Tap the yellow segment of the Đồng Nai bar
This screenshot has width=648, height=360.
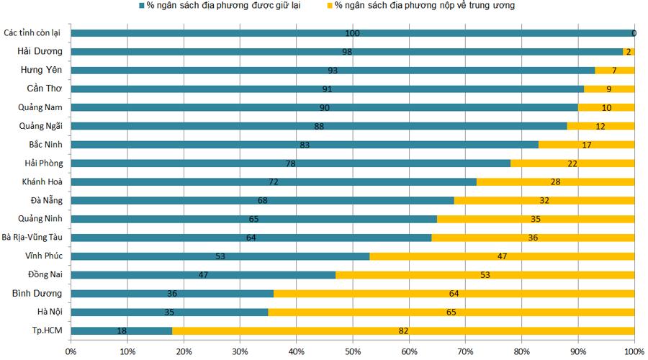point(485,274)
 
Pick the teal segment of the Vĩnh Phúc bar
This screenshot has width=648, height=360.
point(220,256)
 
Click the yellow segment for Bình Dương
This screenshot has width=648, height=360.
point(454,293)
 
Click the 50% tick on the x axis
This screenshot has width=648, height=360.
point(353,351)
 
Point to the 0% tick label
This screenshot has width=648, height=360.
point(71,351)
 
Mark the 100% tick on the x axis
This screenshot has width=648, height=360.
point(633,351)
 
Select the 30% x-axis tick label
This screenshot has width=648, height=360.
point(240,351)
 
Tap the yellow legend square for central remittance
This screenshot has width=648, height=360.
point(329,6)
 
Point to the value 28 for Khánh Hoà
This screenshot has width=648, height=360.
point(555,181)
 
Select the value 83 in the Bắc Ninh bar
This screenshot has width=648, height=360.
point(304,145)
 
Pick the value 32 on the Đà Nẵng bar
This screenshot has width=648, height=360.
point(544,200)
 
